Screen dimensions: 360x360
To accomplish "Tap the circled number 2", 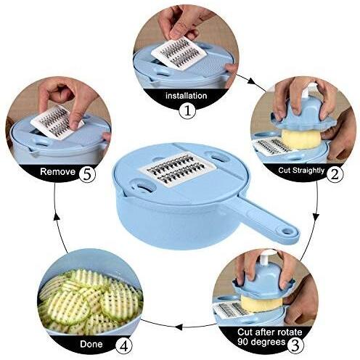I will [335, 173].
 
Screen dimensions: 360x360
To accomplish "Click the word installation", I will [186, 95].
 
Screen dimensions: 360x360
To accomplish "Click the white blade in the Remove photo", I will [58, 120].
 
